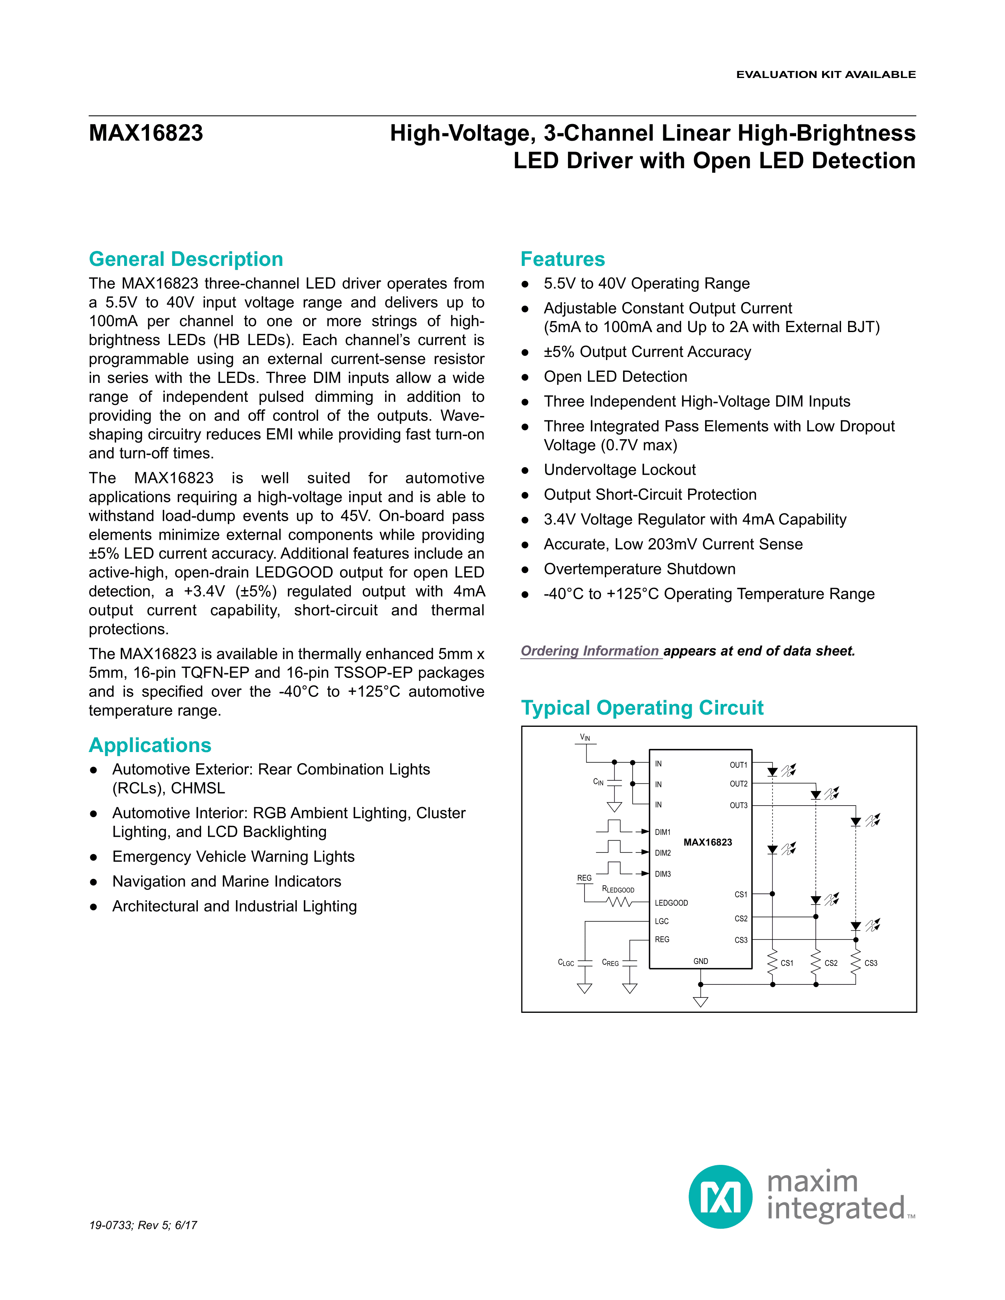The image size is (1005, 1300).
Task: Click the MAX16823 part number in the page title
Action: coord(146,133)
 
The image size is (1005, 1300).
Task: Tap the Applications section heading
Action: coord(150,745)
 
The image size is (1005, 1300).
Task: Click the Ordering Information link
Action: coord(590,651)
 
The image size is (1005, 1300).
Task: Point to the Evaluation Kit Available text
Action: coord(826,74)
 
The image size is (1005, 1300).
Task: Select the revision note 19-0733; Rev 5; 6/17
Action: coord(143,1225)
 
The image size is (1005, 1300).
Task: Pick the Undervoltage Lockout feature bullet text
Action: coord(619,470)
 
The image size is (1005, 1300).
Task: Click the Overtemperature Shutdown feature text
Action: coord(639,570)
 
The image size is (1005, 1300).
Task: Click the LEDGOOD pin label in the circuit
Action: coord(671,903)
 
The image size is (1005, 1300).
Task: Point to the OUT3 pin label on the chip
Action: coord(738,805)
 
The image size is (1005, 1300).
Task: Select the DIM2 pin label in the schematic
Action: coord(663,853)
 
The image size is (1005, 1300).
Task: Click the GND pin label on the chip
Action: coord(701,961)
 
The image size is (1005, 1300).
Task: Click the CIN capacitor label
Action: coord(598,782)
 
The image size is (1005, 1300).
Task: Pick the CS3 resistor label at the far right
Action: coord(871,963)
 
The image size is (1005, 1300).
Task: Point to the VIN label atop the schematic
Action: coord(585,737)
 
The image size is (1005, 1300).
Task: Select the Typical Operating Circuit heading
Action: coord(642,708)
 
